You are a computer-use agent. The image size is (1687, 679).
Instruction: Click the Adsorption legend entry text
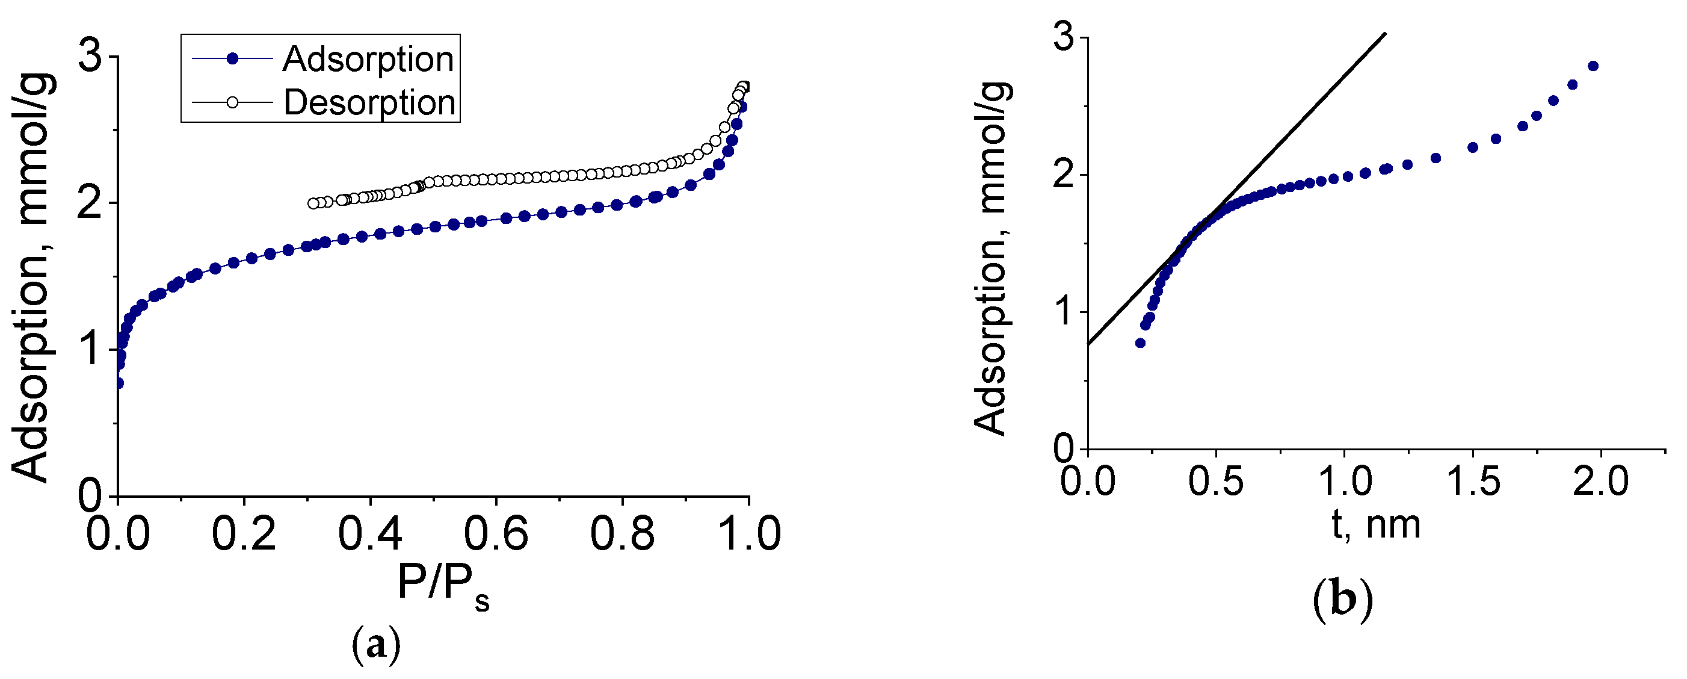pyautogui.click(x=368, y=60)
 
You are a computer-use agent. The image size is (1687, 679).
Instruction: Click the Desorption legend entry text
pyautogui.click(x=369, y=103)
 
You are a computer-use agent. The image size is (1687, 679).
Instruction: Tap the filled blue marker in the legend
pyautogui.click(x=232, y=59)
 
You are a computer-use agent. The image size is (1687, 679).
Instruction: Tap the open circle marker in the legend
pyautogui.click(x=232, y=102)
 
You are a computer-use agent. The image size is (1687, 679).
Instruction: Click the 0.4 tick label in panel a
pyautogui.click(x=370, y=533)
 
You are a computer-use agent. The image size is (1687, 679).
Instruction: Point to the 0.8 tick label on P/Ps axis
pyautogui.click(x=622, y=533)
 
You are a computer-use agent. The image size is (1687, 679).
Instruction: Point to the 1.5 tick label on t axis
pyautogui.click(x=1473, y=482)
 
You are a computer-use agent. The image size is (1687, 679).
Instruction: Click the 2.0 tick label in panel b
pyautogui.click(x=1600, y=482)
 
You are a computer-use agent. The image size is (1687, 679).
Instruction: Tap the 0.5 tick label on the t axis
pyautogui.click(x=1215, y=482)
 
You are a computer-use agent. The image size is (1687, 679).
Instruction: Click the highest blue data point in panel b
pyautogui.click(x=1593, y=66)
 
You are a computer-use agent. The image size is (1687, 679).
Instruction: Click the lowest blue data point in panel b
pyautogui.click(x=1140, y=343)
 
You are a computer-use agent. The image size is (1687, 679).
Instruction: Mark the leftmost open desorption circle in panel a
pyautogui.click(x=313, y=203)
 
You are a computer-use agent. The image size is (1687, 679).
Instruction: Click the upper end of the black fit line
pyautogui.click(x=1384, y=34)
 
